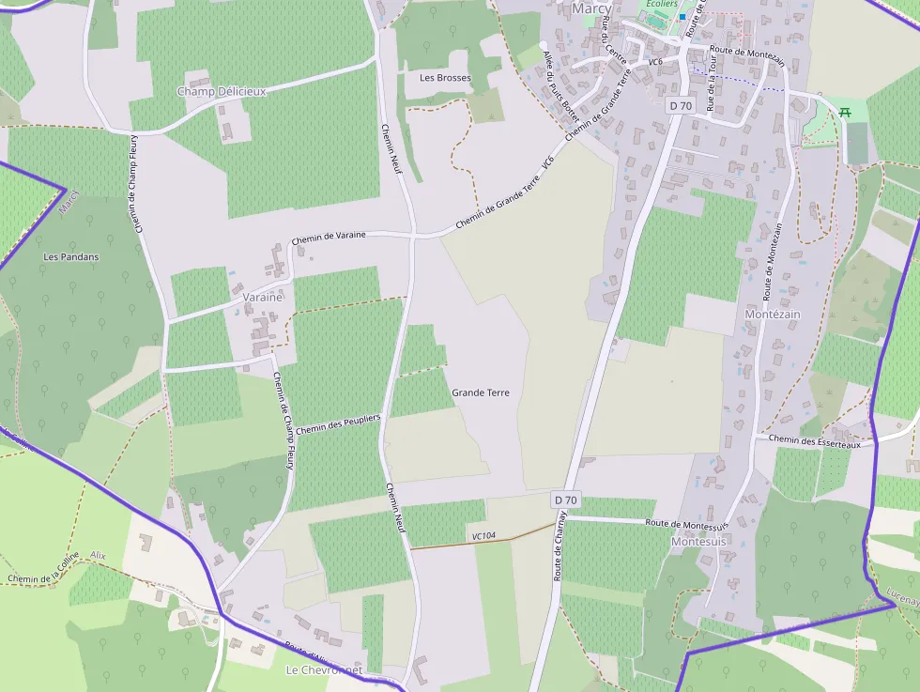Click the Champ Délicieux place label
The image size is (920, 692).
(x=222, y=91)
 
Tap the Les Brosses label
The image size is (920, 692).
(x=445, y=78)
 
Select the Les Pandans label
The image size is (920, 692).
(x=71, y=256)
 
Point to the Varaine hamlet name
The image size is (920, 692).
(x=262, y=297)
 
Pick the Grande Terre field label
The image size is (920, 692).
(x=481, y=392)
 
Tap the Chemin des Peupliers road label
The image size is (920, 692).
(x=338, y=423)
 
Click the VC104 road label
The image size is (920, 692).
(x=484, y=536)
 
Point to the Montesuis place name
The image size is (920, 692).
(x=699, y=542)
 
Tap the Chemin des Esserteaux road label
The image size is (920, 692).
(x=814, y=441)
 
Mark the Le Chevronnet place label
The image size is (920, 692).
(x=324, y=670)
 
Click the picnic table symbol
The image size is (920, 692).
(x=846, y=112)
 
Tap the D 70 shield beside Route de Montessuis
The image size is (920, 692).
(x=565, y=500)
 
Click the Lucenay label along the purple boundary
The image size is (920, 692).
(x=902, y=592)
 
